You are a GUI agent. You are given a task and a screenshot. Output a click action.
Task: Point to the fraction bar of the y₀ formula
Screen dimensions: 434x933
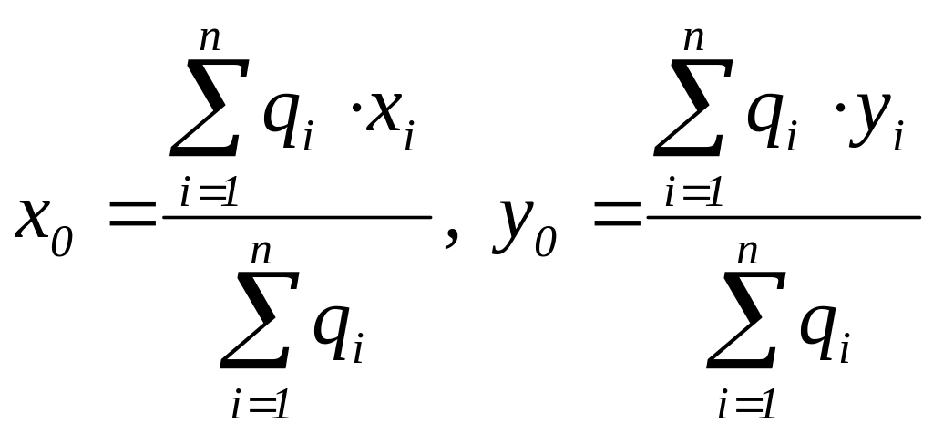pyautogui.click(x=784, y=217)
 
